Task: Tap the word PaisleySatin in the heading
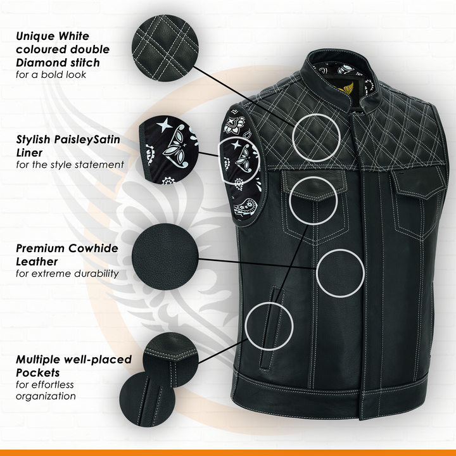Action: click(87, 139)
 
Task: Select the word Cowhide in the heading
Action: click(93, 248)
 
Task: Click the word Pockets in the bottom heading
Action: click(38, 372)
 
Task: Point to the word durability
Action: click(96, 274)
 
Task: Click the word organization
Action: click(46, 396)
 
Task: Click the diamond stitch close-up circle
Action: click(165, 48)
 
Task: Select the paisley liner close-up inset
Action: click(169, 149)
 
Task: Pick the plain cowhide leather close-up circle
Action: click(165, 256)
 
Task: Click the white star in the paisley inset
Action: click(165, 125)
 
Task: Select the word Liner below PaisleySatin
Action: click(29, 153)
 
